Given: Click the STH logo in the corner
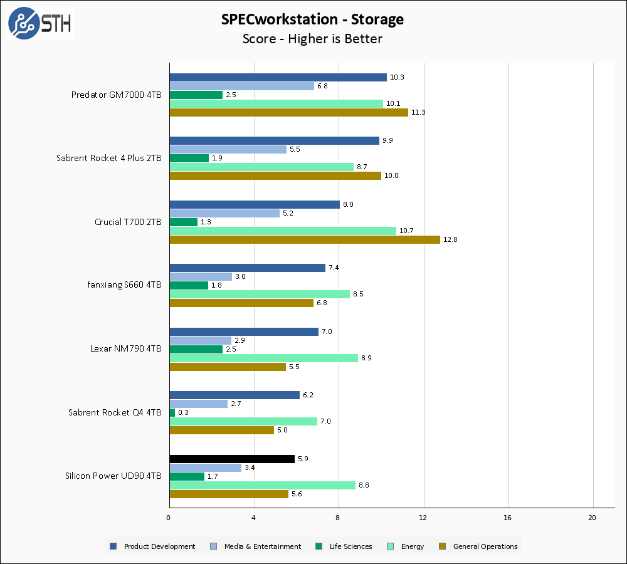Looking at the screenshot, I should coord(40,23).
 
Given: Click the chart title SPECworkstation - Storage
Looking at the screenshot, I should coord(312,19).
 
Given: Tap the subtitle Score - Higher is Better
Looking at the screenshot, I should coord(312,39).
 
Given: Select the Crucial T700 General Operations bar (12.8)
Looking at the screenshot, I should coord(305,239).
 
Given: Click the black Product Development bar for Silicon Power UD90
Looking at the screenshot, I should coord(232,459).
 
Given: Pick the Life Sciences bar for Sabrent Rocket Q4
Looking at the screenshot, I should coord(172,412).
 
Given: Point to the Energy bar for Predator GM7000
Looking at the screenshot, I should coord(276,103).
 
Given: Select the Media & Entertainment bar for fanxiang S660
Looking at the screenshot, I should coord(201,276).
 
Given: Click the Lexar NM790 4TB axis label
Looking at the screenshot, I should coord(125,348).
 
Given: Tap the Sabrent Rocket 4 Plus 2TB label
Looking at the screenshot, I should coord(108,158).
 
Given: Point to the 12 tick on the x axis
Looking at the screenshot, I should coord(423,518).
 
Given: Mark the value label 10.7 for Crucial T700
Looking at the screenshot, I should coord(406,231).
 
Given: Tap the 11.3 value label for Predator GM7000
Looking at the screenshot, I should coord(419,113).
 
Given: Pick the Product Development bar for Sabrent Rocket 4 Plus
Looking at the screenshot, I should coord(274,140).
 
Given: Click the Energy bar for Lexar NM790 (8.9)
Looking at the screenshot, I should coord(263,358).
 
